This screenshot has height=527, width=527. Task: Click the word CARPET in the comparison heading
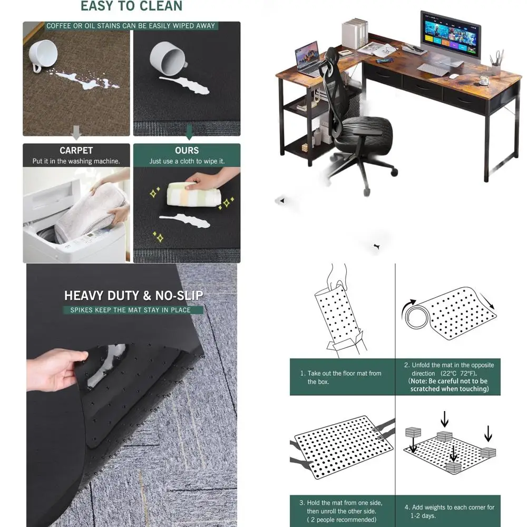tap(76, 151)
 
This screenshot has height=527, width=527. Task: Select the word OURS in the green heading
tap(187, 151)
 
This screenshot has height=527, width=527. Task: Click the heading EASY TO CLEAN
tap(131, 7)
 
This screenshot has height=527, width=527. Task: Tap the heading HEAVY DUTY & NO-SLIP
tap(133, 296)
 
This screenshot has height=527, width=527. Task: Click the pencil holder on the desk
tap(495, 69)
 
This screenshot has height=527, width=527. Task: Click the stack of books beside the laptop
tap(354, 34)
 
